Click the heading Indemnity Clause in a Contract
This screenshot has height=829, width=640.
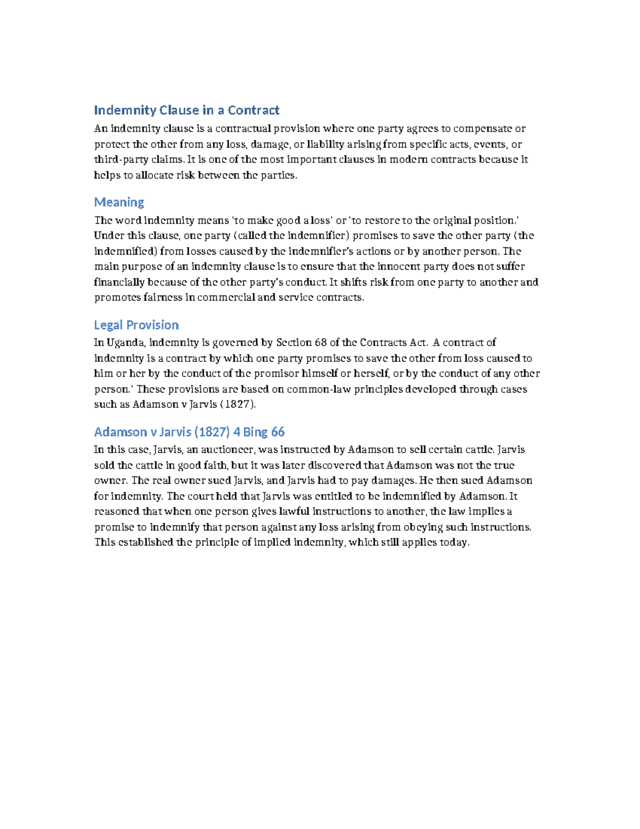coord(186,110)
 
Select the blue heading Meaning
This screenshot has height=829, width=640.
coord(119,202)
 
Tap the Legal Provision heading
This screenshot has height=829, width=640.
coord(136,325)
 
